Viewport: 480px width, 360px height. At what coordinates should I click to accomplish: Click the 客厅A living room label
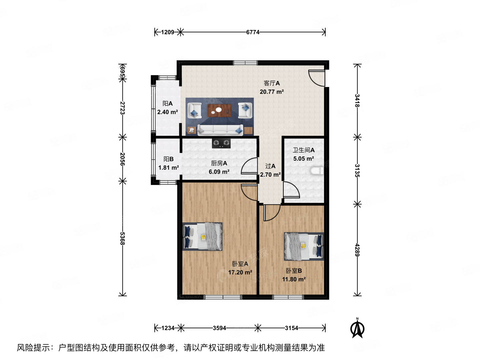pos(272,83)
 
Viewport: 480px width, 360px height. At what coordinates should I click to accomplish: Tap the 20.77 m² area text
pos(272,92)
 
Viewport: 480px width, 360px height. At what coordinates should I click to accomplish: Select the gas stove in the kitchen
pos(221,143)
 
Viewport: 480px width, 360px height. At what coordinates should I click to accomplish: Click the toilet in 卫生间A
pos(316,171)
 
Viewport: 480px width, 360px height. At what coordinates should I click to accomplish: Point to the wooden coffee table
pos(220,110)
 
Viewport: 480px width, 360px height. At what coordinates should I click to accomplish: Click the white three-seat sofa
pos(220,130)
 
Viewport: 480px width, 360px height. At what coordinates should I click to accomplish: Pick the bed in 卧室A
pos(202,236)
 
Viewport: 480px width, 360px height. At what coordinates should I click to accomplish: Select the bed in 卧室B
pos(304,246)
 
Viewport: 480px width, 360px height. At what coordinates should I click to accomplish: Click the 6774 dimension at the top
pos(253,32)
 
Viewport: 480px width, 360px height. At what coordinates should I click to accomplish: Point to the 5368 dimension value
pos(122,238)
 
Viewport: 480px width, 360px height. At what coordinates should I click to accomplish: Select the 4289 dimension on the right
pos(357,250)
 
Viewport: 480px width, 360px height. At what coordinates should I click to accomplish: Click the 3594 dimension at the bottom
pos(219,328)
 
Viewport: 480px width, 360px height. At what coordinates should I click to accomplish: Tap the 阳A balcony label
pos(168,104)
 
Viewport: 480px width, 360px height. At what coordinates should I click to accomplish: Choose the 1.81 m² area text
pos(168,168)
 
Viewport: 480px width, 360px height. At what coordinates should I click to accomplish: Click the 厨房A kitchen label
pos(219,163)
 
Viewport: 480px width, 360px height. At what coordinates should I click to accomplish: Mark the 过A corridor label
pos(270,166)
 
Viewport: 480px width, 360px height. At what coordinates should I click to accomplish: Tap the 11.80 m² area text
pos(294,279)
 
